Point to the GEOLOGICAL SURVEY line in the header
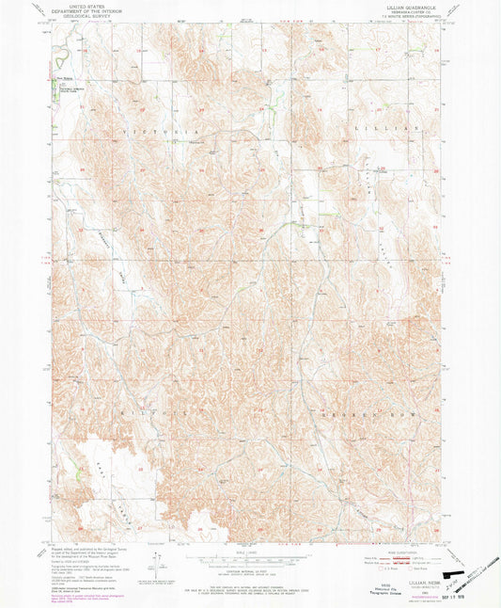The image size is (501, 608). pyautogui.click(x=77, y=17)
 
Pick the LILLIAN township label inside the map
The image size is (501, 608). pyautogui.click(x=381, y=126)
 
